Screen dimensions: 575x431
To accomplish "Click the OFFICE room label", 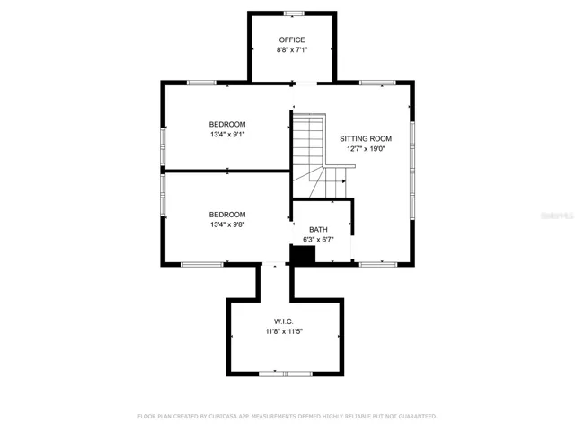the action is pyautogui.click(x=292, y=40).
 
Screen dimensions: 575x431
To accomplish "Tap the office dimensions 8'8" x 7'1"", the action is pyautogui.click(x=292, y=50).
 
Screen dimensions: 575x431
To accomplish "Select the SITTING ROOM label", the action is pyautogui.click(x=366, y=139).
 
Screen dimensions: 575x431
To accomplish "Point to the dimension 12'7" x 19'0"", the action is pyautogui.click(x=366, y=149).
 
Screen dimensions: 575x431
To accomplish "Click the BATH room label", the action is pyautogui.click(x=318, y=230).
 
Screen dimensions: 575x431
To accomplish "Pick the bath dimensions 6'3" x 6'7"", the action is pyautogui.click(x=318, y=240).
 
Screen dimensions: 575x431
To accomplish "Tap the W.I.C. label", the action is pyautogui.click(x=284, y=321).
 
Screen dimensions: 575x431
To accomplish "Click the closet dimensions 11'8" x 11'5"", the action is pyautogui.click(x=284, y=331).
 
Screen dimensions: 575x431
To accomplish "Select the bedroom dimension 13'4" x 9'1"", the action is pyautogui.click(x=227, y=135).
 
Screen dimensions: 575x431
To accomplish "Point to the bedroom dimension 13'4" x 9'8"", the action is pyautogui.click(x=227, y=224).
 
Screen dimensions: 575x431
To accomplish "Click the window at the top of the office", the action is pyautogui.click(x=294, y=13).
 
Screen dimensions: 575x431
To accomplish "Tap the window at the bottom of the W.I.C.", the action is pyautogui.click(x=286, y=374).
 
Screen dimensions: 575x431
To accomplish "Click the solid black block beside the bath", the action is pyautogui.click(x=303, y=254).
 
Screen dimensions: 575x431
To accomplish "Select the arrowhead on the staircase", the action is pyautogui.click(x=343, y=181).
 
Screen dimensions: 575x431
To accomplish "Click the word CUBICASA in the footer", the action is pyautogui.click(x=225, y=417).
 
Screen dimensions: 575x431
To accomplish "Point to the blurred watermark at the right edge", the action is pyautogui.click(x=558, y=215).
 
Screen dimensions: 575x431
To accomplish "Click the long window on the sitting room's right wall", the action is pyautogui.click(x=412, y=171).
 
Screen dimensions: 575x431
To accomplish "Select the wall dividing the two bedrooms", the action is pyautogui.click(x=227, y=171).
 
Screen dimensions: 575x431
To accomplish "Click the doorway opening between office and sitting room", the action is pyautogui.click(x=305, y=84).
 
